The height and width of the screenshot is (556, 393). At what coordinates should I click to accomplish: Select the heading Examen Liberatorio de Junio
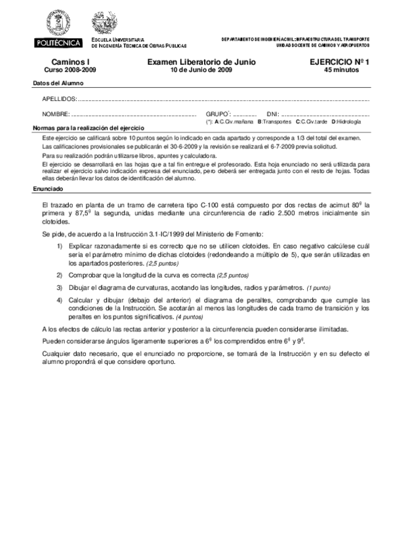201,62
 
